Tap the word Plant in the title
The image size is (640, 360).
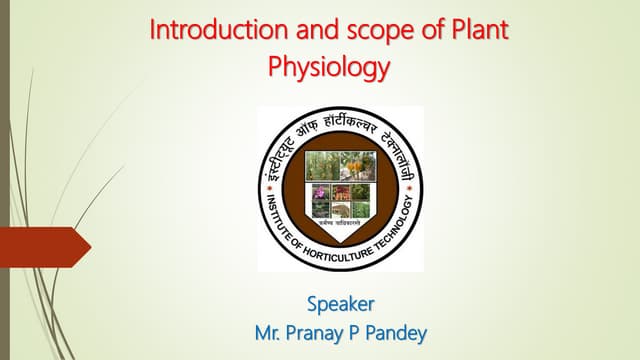click(x=481, y=28)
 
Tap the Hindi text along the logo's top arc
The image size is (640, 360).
click(x=340, y=123)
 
